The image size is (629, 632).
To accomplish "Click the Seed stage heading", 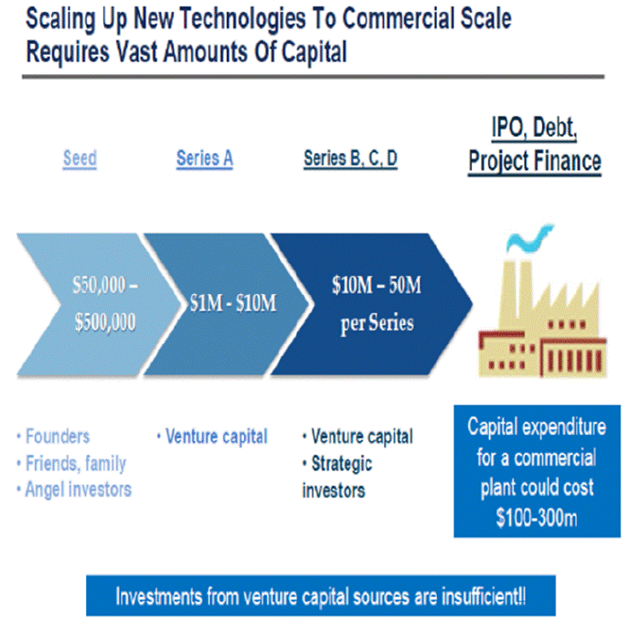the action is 80,158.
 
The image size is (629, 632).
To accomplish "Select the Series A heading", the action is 205,158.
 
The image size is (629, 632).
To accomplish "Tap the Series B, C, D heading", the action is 350,158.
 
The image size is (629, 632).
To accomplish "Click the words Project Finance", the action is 535,162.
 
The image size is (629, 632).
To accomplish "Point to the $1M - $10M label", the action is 233,303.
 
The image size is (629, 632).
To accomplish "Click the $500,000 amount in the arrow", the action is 105,322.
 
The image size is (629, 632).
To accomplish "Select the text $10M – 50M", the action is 377,285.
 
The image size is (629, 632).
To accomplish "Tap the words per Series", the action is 378,323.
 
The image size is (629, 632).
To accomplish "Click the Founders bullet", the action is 54,437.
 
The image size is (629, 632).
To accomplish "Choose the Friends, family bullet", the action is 71,463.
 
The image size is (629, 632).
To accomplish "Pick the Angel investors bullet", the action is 74,490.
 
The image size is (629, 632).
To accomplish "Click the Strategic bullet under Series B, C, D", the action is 337,464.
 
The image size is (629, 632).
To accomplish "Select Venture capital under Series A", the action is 212,437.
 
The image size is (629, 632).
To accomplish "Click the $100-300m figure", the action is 537,518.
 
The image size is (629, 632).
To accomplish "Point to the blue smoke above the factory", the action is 529,237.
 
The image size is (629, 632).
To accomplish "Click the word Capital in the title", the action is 314,52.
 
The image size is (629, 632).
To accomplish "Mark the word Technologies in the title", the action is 242,19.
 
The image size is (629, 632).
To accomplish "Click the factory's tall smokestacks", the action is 516,290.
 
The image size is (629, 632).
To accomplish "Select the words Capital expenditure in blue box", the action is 537,427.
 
